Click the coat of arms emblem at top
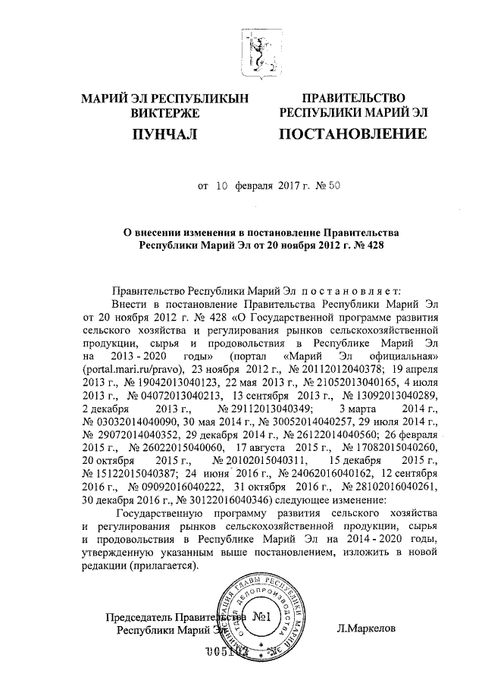[260, 52]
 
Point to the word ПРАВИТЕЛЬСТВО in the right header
[355, 99]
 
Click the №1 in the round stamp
[259, 617]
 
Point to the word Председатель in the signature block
[136, 616]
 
